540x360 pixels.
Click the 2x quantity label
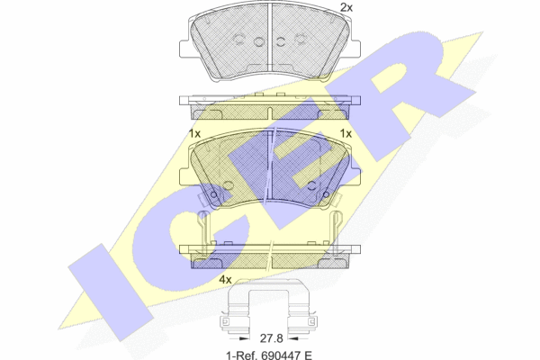click(x=346, y=7)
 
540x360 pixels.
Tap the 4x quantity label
click(x=225, y=279)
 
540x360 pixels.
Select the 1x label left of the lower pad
click(x=194, y=133)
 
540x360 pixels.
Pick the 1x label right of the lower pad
click(x=346, y=133)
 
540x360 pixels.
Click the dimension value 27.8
click(x=271, y=338)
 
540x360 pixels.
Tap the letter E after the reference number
click(x=308, y=355)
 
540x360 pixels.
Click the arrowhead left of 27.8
click(x=244, y=338)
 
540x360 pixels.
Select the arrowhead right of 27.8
click(x=293, y=338)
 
